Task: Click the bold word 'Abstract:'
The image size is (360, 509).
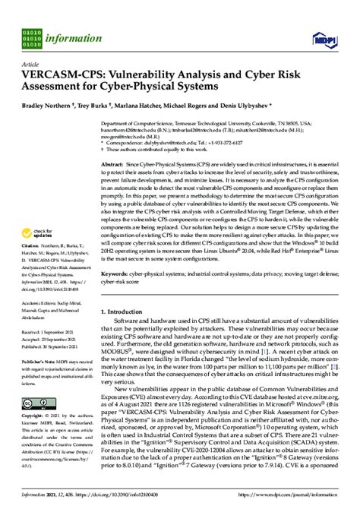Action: tap(115, 163)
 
